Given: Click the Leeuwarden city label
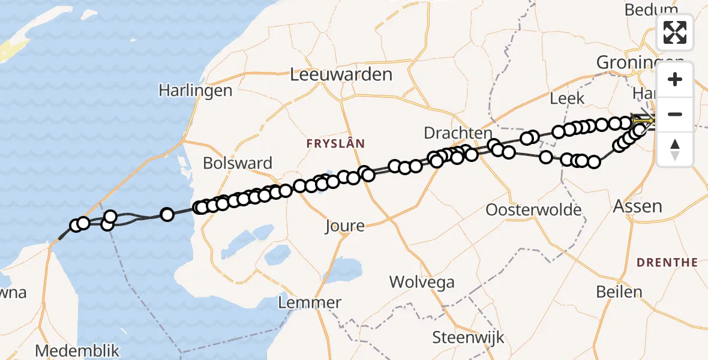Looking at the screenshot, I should pos(341,74).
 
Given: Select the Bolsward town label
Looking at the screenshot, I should pos(238,163).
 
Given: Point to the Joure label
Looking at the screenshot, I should pos(344,226).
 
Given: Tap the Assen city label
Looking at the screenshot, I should pos(637,206).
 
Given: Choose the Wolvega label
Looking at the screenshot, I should pos(422,282).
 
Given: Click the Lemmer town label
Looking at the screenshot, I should pos(311,302).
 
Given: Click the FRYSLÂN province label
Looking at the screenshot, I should pos(336,144).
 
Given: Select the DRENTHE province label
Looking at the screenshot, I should pos(667,262).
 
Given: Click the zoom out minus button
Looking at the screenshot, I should pos(675,114).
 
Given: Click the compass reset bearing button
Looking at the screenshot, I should pos(675,149).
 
